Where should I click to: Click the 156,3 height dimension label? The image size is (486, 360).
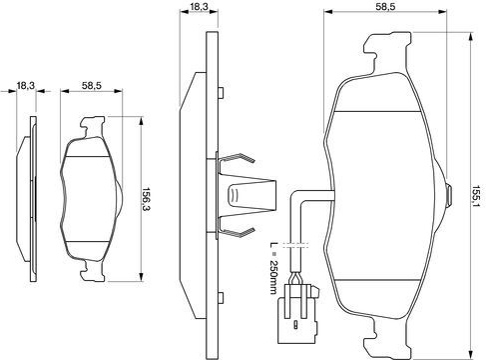[x=147, y=200]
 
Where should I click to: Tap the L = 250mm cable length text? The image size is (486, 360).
[x=273, y=268]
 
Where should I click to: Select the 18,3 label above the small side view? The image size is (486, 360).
[x=26, y=86]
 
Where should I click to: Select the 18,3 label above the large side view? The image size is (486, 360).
[x=200, y=6]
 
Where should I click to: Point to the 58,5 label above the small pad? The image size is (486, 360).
[x=92, y=86]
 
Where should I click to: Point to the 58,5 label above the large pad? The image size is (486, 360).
[x=386, y=6]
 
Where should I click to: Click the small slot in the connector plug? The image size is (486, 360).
[x=295, y=325]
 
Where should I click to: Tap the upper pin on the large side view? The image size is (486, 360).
[x=221, y=92]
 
